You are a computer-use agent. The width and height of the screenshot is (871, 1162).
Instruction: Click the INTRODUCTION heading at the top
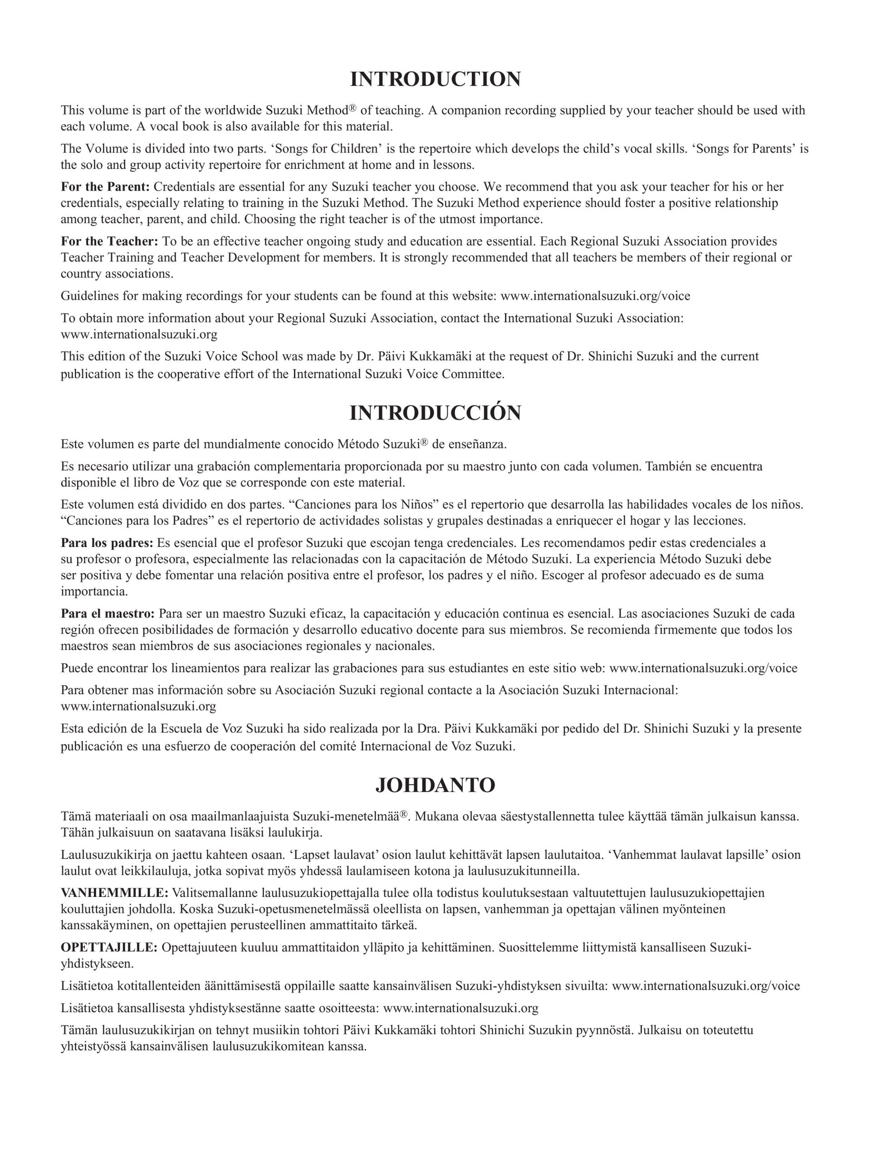(435, 79)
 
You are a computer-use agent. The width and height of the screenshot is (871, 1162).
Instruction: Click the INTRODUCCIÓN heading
(435, 414)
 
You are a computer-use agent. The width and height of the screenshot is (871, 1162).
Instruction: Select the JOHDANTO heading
(435, 785)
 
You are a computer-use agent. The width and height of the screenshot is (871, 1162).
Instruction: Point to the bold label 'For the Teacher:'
(109, 241)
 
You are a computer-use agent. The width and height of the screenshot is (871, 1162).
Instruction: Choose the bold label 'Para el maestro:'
(108, 613)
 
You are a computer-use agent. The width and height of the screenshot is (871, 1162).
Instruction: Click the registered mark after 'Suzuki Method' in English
(353, 108)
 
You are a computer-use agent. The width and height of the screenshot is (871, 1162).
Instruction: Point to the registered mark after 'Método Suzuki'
(425, 441)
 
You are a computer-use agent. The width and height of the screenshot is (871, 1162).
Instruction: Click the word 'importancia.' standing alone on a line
(94, 591)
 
